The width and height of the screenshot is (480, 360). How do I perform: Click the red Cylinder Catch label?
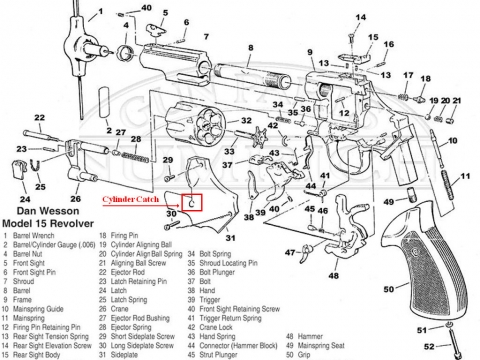coord(133,200)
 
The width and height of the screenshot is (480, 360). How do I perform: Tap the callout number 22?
coord(40,119)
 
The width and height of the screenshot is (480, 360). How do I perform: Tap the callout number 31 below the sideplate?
coord(230,238)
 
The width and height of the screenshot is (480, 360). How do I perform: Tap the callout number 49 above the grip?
coord(385,202)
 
